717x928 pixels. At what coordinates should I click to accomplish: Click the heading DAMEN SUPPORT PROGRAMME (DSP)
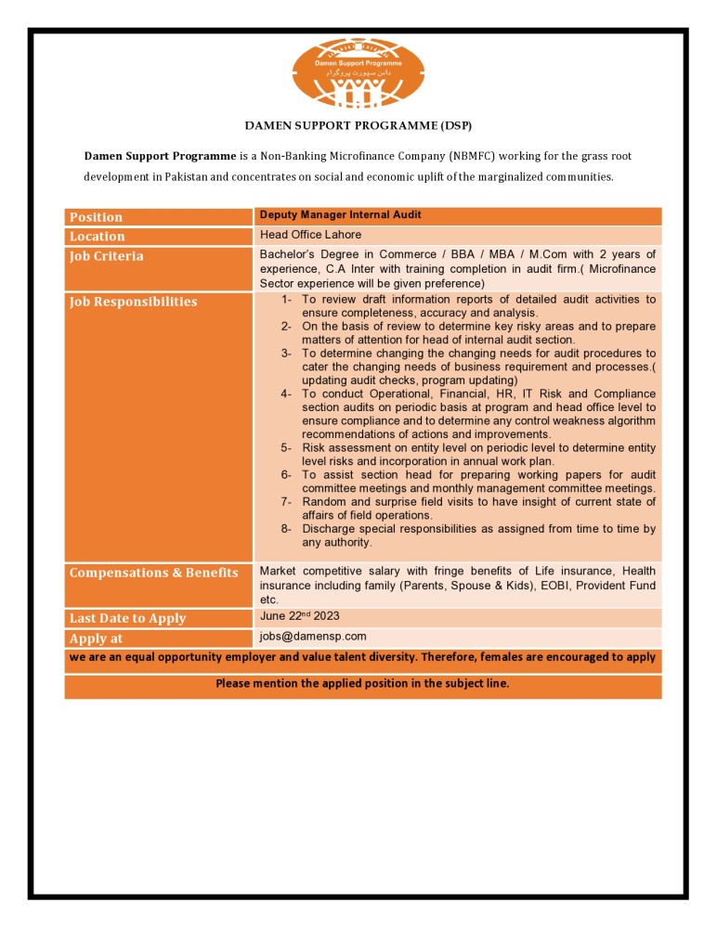358,124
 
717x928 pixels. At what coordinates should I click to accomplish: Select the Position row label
96,217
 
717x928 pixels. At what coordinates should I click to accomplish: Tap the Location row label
97,237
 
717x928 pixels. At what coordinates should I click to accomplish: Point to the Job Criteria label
106,256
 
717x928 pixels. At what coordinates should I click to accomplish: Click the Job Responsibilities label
133,302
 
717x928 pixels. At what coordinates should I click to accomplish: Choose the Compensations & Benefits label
153,573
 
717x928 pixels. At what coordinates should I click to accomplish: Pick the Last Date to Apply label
127,618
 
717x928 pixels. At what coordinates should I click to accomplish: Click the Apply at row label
96,638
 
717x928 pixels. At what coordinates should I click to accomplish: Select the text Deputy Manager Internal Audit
340,215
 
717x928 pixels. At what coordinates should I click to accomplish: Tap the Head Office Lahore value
310,235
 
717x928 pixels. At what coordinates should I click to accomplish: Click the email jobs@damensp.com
313,637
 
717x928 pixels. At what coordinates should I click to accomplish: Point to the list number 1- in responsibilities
287,300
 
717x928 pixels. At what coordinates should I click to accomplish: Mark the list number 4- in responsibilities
287,393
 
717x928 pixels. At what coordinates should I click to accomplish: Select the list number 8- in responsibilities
287,529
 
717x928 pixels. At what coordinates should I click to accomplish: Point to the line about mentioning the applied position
362,684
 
